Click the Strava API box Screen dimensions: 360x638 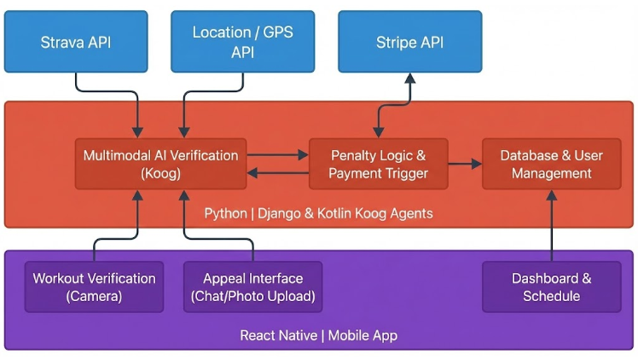point(76,41)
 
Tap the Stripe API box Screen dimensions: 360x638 point(409,41)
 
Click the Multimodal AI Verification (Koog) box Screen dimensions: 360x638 point(160,164)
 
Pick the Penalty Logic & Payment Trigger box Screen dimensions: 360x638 point(378,164)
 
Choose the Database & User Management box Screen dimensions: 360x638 point(551,164)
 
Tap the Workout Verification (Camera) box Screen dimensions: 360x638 point(95,287)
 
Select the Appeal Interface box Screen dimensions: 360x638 point(253,287)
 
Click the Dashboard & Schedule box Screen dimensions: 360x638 point(551,287)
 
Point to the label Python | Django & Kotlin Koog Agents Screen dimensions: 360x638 point(318,213)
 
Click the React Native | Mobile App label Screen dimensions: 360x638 point(318,335)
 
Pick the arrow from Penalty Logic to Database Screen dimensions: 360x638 point(465,163)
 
